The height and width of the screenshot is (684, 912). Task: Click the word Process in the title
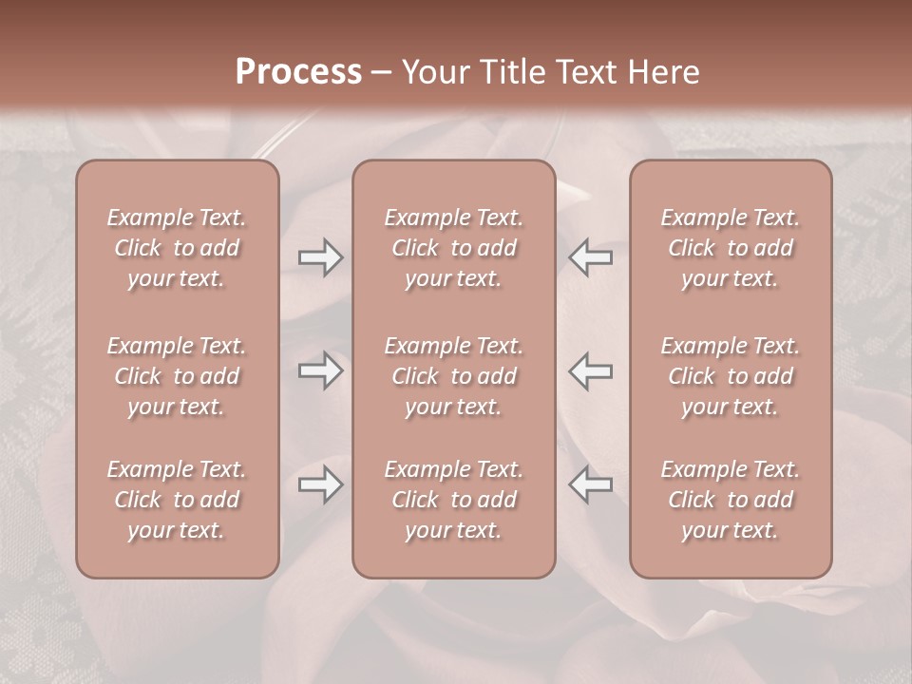point(298,72)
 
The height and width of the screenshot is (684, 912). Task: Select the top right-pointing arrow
point(320,257)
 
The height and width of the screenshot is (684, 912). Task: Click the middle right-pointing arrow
point(320,370)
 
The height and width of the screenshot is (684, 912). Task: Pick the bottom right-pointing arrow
point(320,485)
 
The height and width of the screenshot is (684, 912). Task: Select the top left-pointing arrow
point(591,257)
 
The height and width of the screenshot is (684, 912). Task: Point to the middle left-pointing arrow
point(591,370)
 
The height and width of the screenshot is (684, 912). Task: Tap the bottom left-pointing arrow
point(591,485)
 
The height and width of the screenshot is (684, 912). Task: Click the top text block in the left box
point(177,248)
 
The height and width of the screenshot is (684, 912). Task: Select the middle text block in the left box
point(177,376)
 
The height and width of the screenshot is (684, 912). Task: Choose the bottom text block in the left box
point(177,500)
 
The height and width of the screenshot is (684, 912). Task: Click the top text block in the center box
point(454,248)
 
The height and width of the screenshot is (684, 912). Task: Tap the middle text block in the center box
point(454,376)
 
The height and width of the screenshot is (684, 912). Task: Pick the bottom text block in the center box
point(454,500)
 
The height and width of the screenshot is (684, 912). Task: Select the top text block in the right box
point(731,248)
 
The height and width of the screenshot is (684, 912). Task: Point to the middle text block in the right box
point(731,376)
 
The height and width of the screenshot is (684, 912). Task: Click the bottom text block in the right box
point(731,500)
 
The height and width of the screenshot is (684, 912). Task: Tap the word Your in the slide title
point(433,72)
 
